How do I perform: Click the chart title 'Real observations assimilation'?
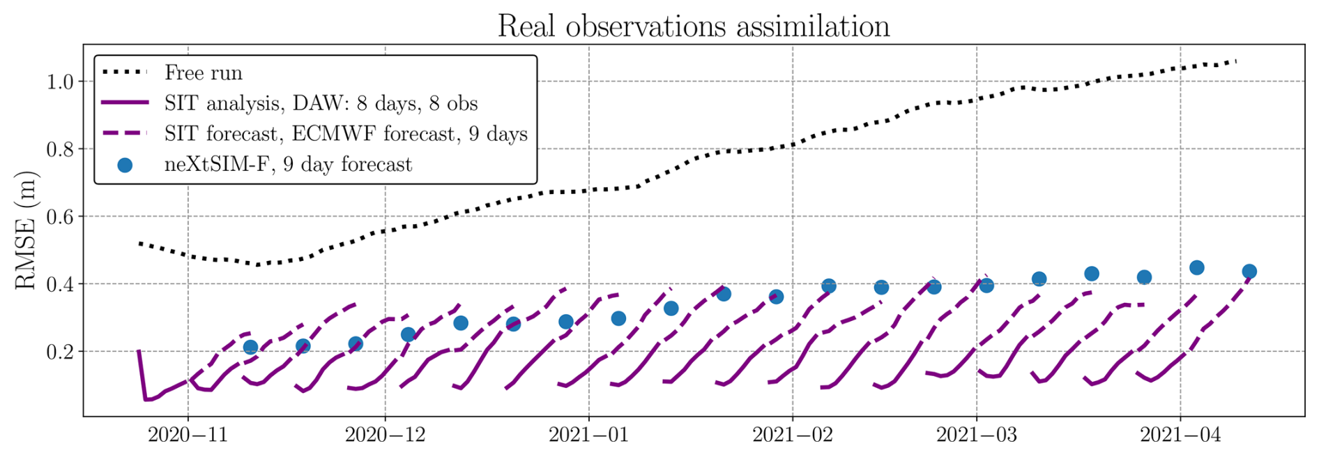pyautogui.click(x=693, y=27)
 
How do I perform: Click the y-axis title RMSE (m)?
pyautogui.click(x=26, y=231)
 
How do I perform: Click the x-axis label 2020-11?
pyautogui.click(x=188, y=435)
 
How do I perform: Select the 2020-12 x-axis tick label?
pyautogui.click(x=386, y=435)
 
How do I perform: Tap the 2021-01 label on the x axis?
pyautogui.click(x=589, y=435)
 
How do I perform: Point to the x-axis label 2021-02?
pyautogui.click(x=793, y=435)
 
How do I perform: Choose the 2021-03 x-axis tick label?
pyautogui.click(x=977, y=435)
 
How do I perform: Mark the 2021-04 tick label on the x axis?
pyautogui.click(x=1180, y=435)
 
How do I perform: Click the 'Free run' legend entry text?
pyautogui.click(x=204, y=73)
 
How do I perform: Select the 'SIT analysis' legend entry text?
pyautogui.click(x=321, y=103)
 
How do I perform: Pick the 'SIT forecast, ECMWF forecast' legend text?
pyautogui.click(x=346, y=134)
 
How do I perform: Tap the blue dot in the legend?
pyautogui.click(x=125, y=165)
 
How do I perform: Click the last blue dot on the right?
pyautogui.click(x=1249, y=271)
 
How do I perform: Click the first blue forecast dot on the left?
pyautogui.click(x=250, y=347)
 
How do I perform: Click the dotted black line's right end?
pyautogui.click(x=1236, y=61)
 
